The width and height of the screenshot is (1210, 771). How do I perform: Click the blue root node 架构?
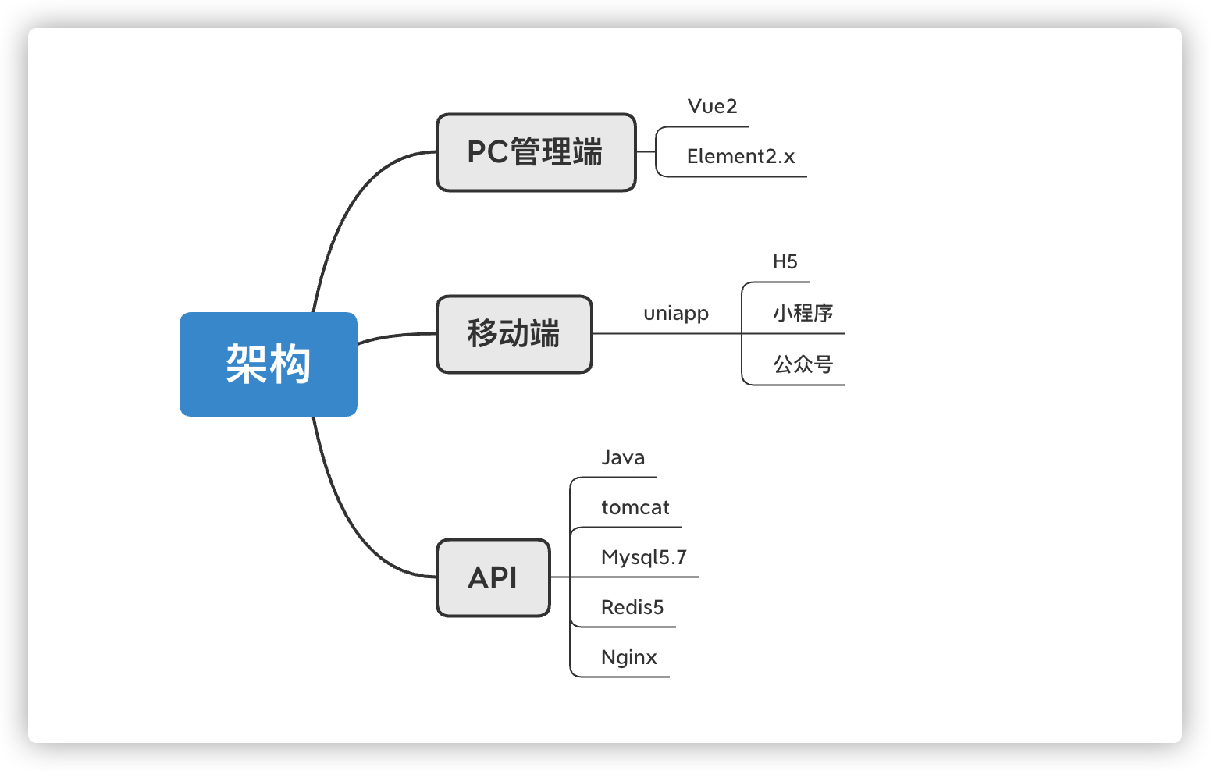[x=269, y=364]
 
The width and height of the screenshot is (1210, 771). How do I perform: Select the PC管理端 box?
[x=536, y=152]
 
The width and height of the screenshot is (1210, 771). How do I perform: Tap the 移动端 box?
[x=514, y=334]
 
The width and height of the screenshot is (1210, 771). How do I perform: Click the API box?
[x=493, y=577]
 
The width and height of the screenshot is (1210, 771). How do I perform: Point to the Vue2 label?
[x=712, y=106]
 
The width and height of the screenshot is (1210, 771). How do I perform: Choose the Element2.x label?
[x=741, y=157]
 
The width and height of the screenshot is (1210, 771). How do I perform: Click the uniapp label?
[x=676, y=314]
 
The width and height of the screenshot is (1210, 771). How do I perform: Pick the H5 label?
[x=785, y=262]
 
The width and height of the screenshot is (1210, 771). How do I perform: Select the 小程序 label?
[x=803, y=313]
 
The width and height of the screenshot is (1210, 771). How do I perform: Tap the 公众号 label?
[x=803, y=364]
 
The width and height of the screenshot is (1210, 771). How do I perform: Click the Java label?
[x=623, y=458]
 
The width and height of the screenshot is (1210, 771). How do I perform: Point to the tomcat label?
[x=635, y=507]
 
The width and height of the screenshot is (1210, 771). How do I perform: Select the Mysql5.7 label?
[x=644, y=558]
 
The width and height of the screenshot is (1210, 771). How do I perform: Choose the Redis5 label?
[x=632, y=607]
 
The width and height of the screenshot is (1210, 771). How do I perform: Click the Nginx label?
[x=628, y=658]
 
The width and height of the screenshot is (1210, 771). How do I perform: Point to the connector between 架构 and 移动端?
[x=397, y=336]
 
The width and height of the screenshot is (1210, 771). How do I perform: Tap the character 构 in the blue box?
[x=290, y=364]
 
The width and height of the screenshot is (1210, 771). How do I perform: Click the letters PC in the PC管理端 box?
[x=488, y=152]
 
